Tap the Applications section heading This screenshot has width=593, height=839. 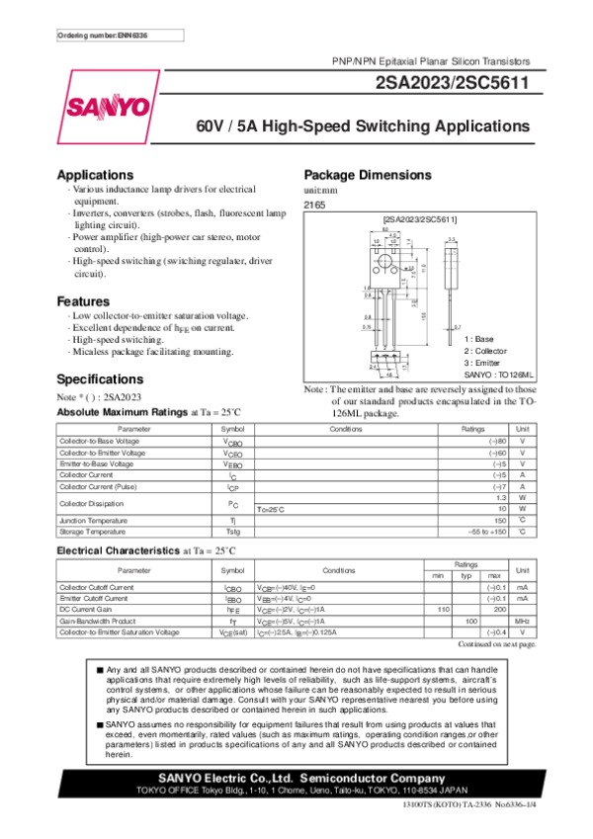95,174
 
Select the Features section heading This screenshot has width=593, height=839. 85,300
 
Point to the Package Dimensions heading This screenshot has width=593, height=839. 368,174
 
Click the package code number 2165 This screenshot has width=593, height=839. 314,205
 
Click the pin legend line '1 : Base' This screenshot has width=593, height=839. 481,339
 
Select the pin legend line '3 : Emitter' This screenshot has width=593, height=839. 486,363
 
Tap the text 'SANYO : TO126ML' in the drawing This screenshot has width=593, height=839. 498,376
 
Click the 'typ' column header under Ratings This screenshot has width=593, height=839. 466,575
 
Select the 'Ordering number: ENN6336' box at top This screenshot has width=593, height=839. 104,37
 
